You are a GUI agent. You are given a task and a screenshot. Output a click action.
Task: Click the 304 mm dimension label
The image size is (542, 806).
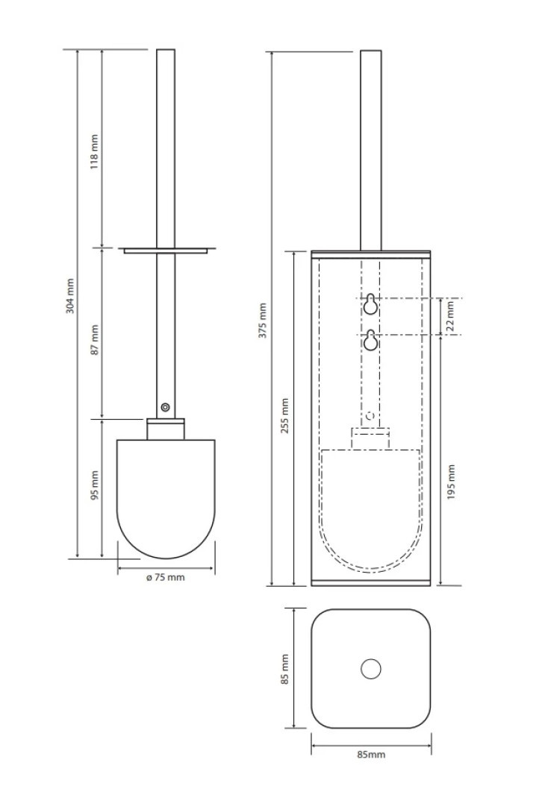point(70,295)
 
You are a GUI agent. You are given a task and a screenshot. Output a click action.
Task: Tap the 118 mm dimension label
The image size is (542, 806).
point(94,153)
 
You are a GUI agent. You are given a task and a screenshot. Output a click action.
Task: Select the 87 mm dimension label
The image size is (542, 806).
point(94,339)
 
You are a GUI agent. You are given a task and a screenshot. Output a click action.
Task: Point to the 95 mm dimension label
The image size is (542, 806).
point(94,485)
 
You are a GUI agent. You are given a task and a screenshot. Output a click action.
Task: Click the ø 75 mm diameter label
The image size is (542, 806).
point(165,577)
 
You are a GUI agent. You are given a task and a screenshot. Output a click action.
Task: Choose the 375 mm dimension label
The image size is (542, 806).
point(263,321)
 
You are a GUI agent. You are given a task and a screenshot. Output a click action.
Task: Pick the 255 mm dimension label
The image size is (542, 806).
point(284,416)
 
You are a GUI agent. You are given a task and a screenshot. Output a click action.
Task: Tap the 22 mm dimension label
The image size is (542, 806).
point(450,317)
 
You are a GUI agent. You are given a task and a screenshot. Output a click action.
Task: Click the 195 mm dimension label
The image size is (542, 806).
point(452,483)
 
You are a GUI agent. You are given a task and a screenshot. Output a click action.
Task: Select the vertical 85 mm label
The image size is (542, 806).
point(284,669)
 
